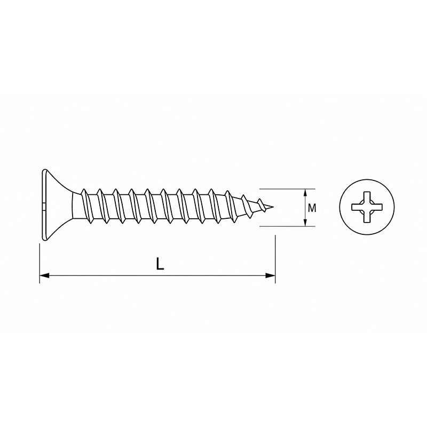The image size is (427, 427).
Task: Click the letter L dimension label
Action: [x=160, y=264]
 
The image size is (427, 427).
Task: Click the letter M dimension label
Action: [x=312, y=208]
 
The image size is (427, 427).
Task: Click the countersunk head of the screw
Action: [x=57, y=205]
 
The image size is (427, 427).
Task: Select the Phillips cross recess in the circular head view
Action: [x=367, y=207]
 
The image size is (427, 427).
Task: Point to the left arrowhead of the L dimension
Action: [x=44, y=275]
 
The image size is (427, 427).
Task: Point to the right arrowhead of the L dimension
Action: [x=270, y=275]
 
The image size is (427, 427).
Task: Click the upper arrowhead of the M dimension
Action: [x=305, y=193]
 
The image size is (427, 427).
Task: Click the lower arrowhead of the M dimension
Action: [x=305, y=222]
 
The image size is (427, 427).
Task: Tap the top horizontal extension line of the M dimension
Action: [x=287, y=189]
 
